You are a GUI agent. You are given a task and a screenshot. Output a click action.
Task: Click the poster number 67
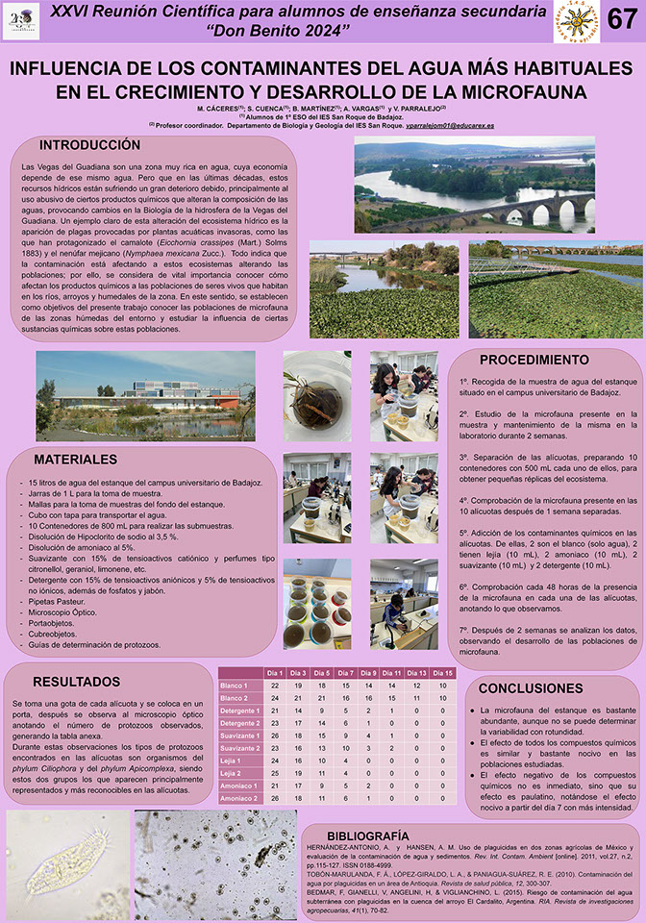[x=622, y=20]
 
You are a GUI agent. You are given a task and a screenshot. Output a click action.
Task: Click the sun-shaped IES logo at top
[x=575, y=21]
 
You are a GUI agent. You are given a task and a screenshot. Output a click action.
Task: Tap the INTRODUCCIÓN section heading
[x=89, y=145]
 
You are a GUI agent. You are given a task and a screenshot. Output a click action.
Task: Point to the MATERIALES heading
[x=75, y=460]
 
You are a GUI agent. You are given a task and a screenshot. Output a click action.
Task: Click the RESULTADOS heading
[x=76, y=681]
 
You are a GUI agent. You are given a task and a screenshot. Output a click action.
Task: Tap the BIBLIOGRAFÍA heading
[x=374, y=835]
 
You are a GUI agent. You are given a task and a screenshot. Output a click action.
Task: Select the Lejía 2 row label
[x=233, y=772]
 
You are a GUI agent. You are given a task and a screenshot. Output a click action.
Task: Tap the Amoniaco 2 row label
[x=236, y=797]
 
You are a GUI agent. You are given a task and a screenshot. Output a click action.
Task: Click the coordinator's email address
[x=450, y=126]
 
